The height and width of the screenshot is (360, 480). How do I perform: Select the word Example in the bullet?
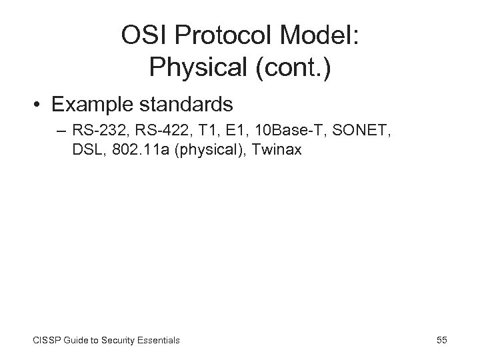[x=85, y=105]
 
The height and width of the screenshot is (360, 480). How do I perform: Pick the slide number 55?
[x=441, y=340]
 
